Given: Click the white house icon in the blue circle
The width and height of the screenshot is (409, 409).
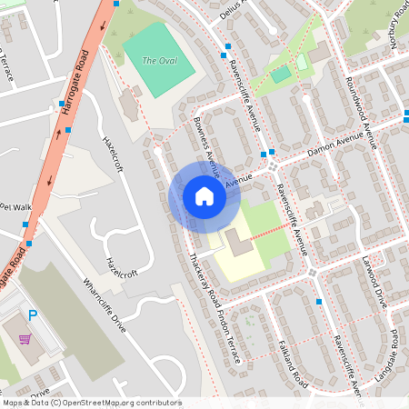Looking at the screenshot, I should coord(204,196).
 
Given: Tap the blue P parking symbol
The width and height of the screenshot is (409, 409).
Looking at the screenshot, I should coord(33,315).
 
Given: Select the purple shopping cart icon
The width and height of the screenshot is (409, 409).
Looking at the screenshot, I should coord(25,339).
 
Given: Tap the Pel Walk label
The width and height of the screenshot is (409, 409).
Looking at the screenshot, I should coord(15,207).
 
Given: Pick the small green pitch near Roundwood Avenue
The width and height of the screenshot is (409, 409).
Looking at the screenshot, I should coord(283,75).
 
